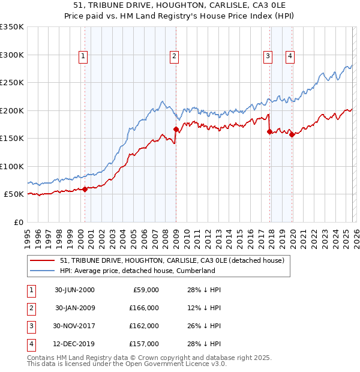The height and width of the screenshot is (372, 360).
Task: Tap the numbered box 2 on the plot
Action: click(x=173, y=56)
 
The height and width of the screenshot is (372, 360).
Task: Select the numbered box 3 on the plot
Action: click(x=267, y=56)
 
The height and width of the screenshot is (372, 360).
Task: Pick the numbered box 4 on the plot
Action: click(x=290, y=56)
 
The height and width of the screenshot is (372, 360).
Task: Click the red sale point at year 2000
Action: click(x=85, y=189)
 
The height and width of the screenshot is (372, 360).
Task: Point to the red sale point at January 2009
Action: click(x=176, y=129)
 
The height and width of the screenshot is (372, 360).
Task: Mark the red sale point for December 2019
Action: click(x=292, y=134)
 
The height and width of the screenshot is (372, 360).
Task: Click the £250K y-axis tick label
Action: click(x=12, y=83)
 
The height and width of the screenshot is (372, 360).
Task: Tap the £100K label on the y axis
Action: click(x=12, y=166)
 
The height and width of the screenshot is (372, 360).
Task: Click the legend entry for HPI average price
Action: click(x=137, y=271)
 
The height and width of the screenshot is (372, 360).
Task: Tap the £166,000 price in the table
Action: click(x=144, y=307)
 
